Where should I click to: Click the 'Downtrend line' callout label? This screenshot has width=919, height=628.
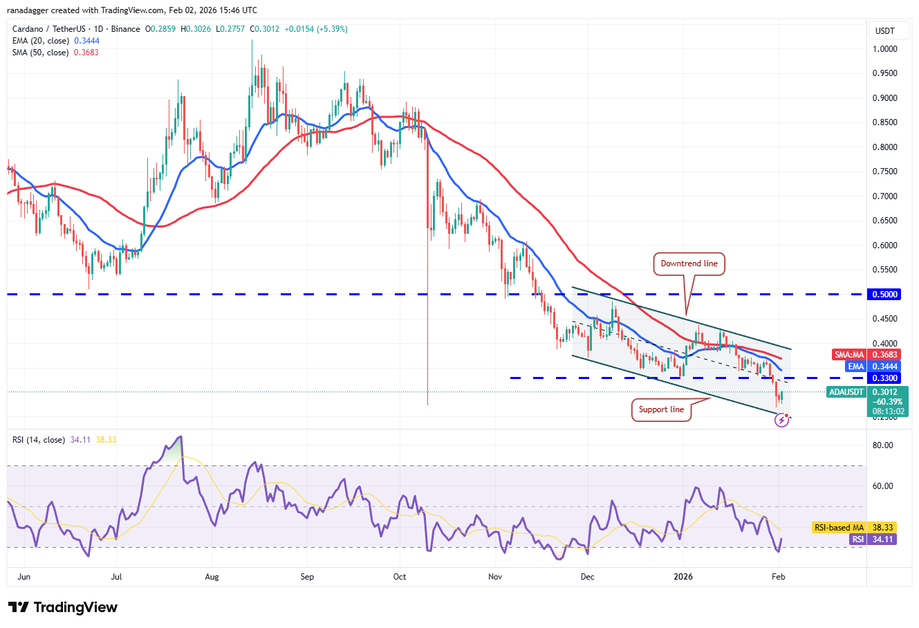(x=689, y=264)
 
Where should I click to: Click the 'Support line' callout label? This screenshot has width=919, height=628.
(x=661, y=409)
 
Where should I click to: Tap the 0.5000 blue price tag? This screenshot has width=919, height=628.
(x=884, y=295)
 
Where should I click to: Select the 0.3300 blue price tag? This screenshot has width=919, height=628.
(x=884, y=378)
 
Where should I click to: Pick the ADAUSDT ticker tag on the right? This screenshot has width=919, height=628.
(x=846, y=392)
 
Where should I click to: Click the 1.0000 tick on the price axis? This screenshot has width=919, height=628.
(x=884, y=49)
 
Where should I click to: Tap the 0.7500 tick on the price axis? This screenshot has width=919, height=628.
(x=884, y=172)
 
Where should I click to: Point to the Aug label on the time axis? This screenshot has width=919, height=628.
(x=212, y=577)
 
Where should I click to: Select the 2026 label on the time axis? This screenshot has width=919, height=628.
(x=683, y=577)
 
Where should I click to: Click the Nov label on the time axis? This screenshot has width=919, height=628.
(x=494, y=577)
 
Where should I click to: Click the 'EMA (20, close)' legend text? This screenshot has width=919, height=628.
(x=46, y=41)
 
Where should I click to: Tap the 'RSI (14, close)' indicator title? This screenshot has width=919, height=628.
(x=39, y=440)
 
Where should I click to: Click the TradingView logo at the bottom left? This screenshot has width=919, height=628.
(x=63, y=607)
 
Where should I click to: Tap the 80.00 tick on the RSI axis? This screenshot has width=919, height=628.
(x=883, y=445)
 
